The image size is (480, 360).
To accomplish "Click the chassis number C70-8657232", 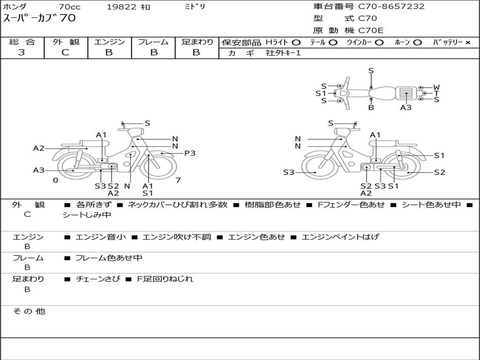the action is (x=391, y=7).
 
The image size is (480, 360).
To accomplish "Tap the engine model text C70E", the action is (x=370, y=30).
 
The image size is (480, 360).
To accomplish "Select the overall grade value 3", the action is (x=22, y=52).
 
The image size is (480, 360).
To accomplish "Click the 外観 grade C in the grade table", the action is (x=65, y=52).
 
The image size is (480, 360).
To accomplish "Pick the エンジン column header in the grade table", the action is (x=109, y=42).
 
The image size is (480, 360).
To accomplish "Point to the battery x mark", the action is (x=467, y=43).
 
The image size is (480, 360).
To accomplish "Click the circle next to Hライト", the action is (x=296, y=43).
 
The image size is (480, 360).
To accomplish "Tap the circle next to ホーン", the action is (x=417, y=43).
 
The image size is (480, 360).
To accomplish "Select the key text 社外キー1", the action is (x=283, y=53).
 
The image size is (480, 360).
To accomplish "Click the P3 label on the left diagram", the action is (x=190, y=153).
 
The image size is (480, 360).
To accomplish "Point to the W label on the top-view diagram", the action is (x=436, y=88).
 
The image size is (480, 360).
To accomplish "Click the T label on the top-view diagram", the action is (x=436, y=93).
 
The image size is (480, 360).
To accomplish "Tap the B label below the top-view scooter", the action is (x=371, y=107).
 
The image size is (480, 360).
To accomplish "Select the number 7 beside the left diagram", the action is (x=178, y=180).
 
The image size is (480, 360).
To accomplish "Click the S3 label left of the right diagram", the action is (x=288, y=172).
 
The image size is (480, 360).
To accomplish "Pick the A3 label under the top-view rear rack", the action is (x=405, y=107).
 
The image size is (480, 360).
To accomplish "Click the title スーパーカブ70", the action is (x=39, y=18).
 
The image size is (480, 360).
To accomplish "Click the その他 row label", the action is (x=29, y=311).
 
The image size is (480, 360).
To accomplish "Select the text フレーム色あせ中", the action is (x=109, y=258).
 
